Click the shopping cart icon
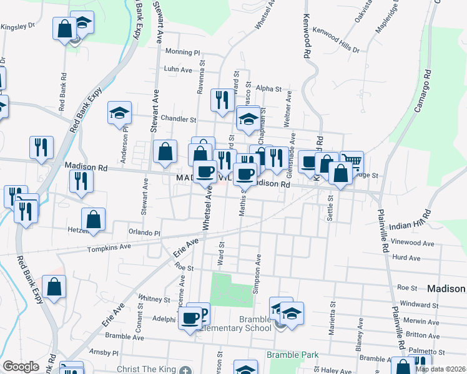pos(352,162)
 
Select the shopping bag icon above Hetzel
pos(93,219)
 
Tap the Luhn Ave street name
pos(178,69)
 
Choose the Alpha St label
pos(269,89)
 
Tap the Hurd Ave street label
pos(406,257)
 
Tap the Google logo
pos(21,367)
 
